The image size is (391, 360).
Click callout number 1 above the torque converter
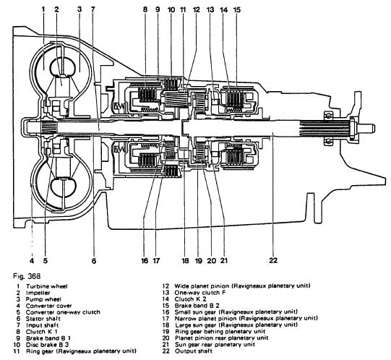[x=43, y=9]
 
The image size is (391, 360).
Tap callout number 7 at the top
[x=93, y=9]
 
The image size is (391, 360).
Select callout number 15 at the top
[x=237, y=9]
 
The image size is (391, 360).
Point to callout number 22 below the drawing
[x=273, y=260]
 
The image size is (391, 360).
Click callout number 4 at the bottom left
[x=32, y=261]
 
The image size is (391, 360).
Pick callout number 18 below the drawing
[x=185, y=261]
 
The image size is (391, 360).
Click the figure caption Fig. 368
[x=27, y=276]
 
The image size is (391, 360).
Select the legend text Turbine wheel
[x=47, y=286]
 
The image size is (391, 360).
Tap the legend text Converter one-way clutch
[x=63, y=312]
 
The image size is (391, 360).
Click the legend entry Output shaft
[x=194, y=351]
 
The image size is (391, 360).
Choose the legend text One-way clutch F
[x=200, y=293]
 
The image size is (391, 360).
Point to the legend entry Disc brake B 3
[x=48, y=345]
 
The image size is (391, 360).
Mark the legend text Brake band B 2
[x=197, y=306]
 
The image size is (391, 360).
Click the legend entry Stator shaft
[x=43, y=319]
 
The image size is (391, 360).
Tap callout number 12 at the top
[x=197, y=9]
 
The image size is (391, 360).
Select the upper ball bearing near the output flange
[x=328, y=116]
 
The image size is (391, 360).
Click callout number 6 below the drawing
[x=94, y=261]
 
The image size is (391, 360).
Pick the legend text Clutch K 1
[x=42, y=332]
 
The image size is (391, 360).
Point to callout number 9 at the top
[x=158, y=9]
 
